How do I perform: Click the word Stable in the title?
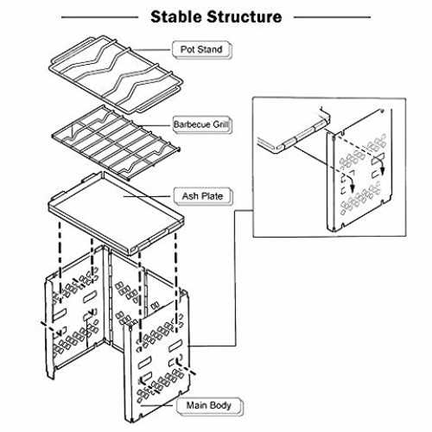point(177,16)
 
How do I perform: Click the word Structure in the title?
point(245,16)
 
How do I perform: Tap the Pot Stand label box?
point(201,49)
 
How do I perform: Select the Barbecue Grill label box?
point(201,124)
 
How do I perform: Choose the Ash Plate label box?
point(203,196)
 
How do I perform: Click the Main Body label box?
point(209,406)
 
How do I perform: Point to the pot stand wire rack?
point(116,75)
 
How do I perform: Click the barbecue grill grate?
point(116,143)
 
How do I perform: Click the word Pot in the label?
point(187,49)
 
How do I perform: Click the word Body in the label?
point(221,406)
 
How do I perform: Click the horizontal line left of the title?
point(99,17)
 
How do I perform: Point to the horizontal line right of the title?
point(332,17)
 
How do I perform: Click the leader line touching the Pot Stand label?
point(152,50)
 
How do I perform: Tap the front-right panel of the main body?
point(157,357)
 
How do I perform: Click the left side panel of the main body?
point(75,314)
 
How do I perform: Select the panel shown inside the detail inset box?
point(359,170)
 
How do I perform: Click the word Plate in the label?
point(212,196)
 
